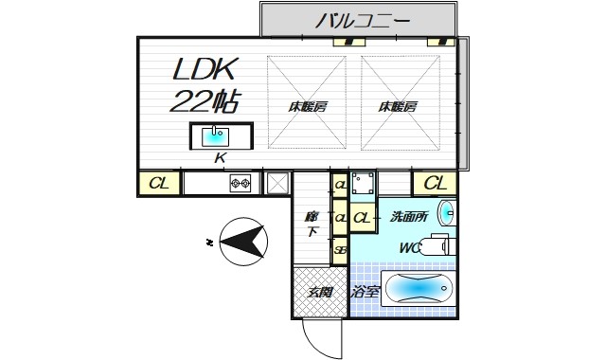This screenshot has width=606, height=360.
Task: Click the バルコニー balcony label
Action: (362, 19)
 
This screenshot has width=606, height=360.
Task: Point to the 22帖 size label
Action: (205, 101)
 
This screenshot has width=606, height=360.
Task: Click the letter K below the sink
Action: (220, 158)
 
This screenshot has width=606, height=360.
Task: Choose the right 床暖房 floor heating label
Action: (398, 106)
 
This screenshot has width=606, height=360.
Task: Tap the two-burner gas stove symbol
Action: (240, 183)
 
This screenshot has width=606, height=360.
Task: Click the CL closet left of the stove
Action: (159, 183)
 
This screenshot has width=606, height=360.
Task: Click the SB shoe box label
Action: (339, 249)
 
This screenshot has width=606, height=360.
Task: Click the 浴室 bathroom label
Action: (365, 292)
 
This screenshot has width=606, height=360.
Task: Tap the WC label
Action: (409, 248)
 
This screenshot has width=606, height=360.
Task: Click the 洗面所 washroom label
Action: (408, 217)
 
